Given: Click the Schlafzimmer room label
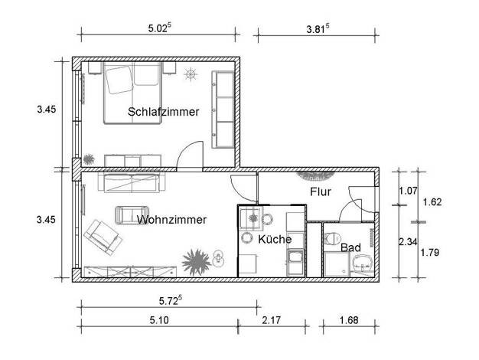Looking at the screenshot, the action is [164, 112].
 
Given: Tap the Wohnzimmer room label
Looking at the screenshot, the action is [171, 220].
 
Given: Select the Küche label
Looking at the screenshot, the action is [275, 239].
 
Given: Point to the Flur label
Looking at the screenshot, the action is [321, 191].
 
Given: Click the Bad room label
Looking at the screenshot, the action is [350, 247].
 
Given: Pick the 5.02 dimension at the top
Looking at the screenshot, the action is [159, 28].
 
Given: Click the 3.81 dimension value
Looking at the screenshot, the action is [318, 29].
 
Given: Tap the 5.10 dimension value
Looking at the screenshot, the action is [159, 320].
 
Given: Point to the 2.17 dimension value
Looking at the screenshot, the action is [272, 320].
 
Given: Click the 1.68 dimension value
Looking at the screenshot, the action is [349, 320].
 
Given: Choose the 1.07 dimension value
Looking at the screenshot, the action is [408, 191].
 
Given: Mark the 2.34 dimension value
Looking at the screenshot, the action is [408, 241].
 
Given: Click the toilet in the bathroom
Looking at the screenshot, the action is [333, 238].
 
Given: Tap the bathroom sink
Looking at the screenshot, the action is [363, 263].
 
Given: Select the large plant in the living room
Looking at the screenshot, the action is [196, 263].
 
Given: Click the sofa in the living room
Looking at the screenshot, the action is [132, 182].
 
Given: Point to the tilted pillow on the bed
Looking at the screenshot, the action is [119, 80].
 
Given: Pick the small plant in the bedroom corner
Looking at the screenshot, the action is [89, 159].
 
